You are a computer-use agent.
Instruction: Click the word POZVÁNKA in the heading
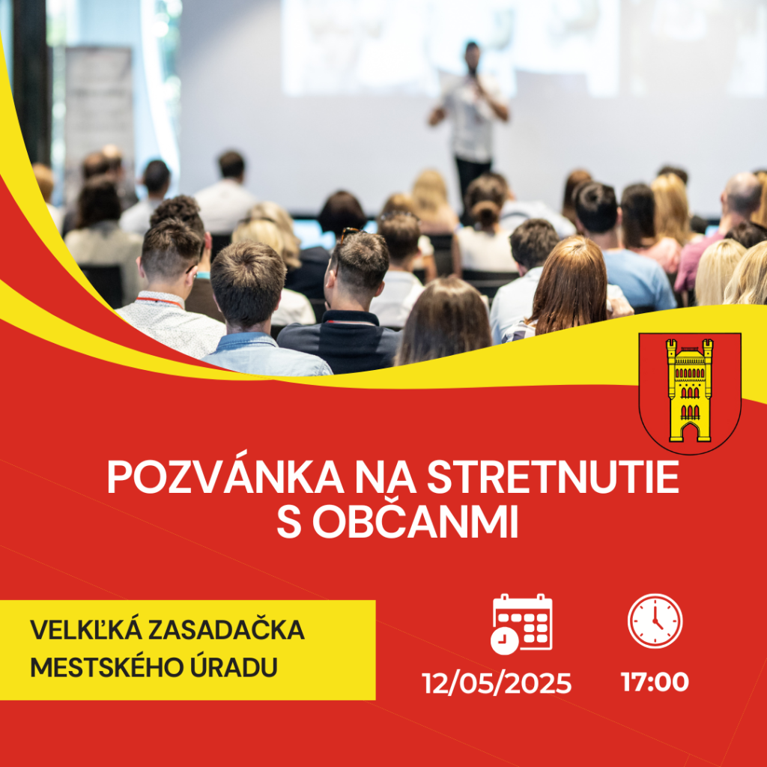225,476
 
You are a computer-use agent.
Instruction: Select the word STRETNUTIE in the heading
554,477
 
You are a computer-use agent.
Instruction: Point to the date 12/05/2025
497,683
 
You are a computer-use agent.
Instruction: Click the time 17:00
655,682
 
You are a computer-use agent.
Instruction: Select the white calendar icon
521,624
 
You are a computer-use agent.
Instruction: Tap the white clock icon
655,621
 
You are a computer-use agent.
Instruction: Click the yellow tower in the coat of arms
690,389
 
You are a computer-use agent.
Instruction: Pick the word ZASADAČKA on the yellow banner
226,630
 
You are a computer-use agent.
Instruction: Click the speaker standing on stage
470,122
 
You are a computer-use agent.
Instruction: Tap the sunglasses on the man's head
351,234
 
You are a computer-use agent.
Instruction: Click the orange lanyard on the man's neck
160,301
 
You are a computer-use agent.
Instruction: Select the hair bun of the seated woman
485,213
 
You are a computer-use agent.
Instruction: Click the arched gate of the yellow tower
690,432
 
